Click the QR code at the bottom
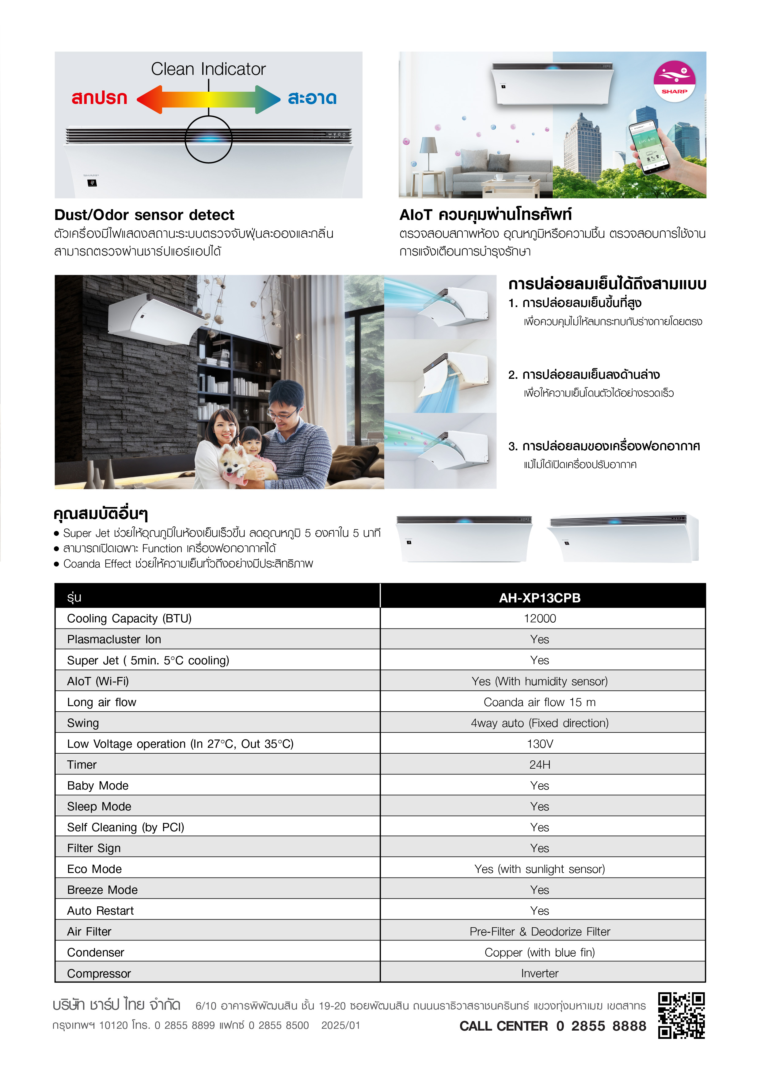(681, 1015)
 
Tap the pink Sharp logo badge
(674, 81)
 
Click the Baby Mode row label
(97, 786)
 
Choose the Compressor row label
(99, 973)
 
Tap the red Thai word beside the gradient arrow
(99, 98)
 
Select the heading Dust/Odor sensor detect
(144, 215)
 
